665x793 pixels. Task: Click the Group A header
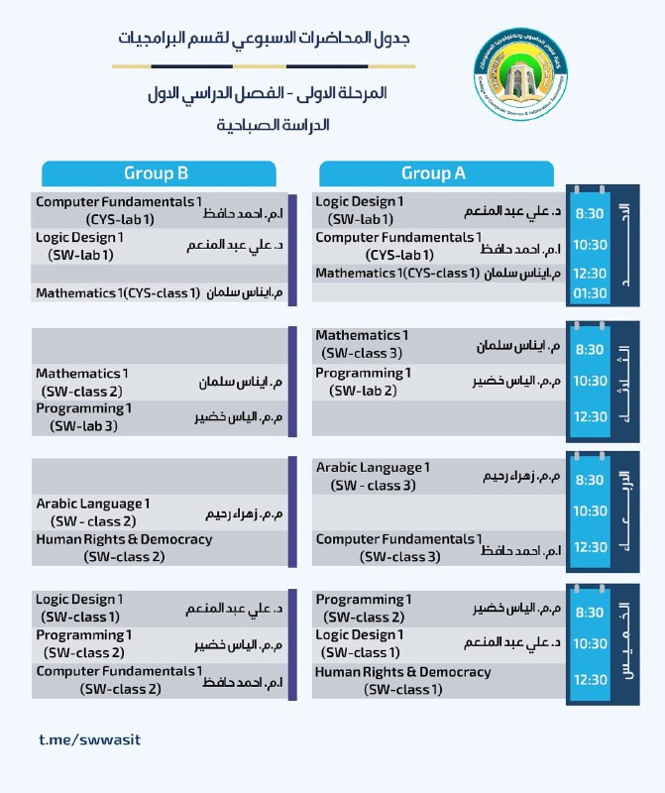(433, 173)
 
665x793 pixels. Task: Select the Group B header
(156, 173)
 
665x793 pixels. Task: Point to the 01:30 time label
(590, 292)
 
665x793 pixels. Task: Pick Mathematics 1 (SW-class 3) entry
(362, 344)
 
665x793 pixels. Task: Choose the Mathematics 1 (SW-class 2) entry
(82, 382)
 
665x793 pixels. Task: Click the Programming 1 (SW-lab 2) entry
(363, 382)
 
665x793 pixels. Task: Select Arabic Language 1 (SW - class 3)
(373, 476)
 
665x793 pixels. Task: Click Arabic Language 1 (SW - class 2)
(93, 512)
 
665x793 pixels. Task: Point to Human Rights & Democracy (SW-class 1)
(402, 681)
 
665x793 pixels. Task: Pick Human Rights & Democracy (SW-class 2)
(124, 547)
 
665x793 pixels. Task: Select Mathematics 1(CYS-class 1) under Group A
(396, 273)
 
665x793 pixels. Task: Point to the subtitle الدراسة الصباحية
(272, 126)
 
